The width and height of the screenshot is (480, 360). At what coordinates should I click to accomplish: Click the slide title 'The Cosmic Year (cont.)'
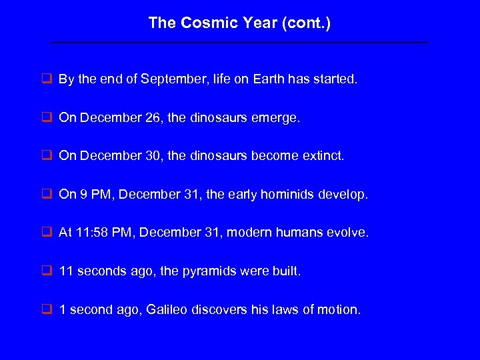click(239, 23)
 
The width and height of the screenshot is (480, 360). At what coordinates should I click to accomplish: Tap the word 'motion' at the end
click(341, 310)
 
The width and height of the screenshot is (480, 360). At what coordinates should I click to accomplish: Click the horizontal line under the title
click(239, 43)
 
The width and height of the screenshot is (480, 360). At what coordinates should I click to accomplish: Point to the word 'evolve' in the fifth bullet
click(349, 233)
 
